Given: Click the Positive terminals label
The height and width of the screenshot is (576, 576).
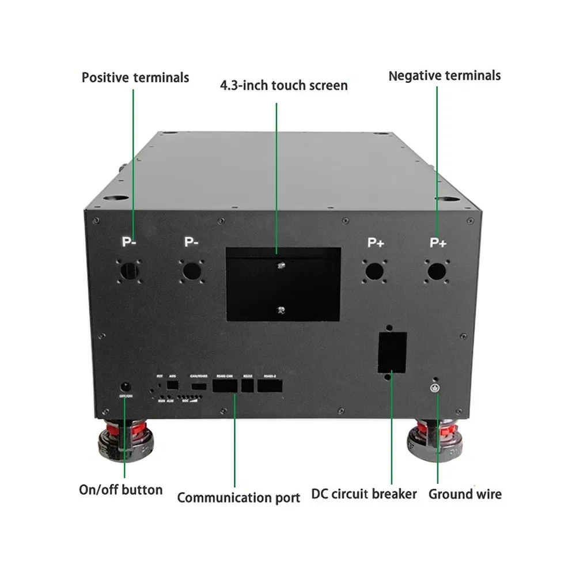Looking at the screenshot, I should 135,77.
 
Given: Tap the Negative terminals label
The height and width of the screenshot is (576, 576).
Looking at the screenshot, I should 444,75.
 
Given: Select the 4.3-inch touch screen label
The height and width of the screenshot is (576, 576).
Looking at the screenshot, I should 284,86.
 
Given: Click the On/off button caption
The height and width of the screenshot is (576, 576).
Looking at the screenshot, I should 120,490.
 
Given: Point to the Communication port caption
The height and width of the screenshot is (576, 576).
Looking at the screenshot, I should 238,498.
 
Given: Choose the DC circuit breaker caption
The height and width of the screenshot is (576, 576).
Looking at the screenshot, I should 364,494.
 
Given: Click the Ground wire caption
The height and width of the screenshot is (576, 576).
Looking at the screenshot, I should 465,494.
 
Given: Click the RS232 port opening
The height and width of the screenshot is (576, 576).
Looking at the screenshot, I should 248,386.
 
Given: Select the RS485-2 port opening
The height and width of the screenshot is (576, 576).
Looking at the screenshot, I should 270,386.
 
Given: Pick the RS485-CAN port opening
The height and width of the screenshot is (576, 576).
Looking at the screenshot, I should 225,386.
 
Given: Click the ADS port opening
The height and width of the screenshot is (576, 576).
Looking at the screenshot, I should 172,384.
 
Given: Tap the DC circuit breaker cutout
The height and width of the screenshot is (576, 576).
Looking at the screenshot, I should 392,351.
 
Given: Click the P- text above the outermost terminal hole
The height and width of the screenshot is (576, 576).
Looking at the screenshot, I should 128,242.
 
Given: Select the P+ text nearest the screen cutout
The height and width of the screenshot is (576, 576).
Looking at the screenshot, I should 376,242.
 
